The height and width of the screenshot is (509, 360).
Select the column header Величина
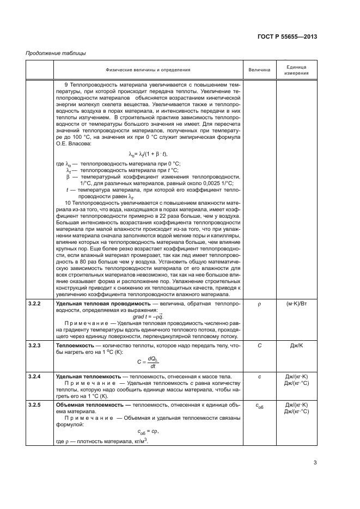pos(259,70)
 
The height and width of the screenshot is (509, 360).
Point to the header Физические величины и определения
pos(148,70)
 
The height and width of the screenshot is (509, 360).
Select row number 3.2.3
pos(36,346)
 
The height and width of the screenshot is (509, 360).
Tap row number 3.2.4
pos(36,376)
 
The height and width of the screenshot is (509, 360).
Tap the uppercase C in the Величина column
pos(259,346)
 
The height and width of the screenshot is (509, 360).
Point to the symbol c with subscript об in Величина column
pos(259,406)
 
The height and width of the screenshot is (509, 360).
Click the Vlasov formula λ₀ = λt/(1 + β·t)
pos(148,155)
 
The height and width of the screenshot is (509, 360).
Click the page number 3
pos(315,463)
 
